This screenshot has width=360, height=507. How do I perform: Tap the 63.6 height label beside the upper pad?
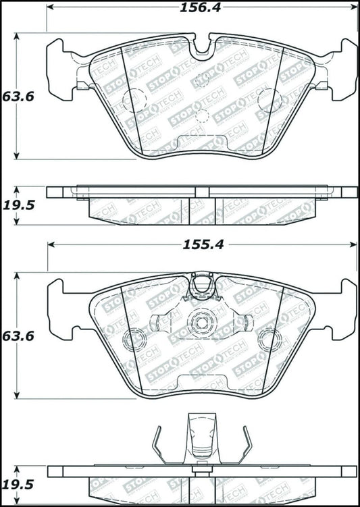click(18, 96)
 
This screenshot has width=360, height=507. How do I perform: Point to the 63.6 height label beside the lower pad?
click(18, 336)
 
